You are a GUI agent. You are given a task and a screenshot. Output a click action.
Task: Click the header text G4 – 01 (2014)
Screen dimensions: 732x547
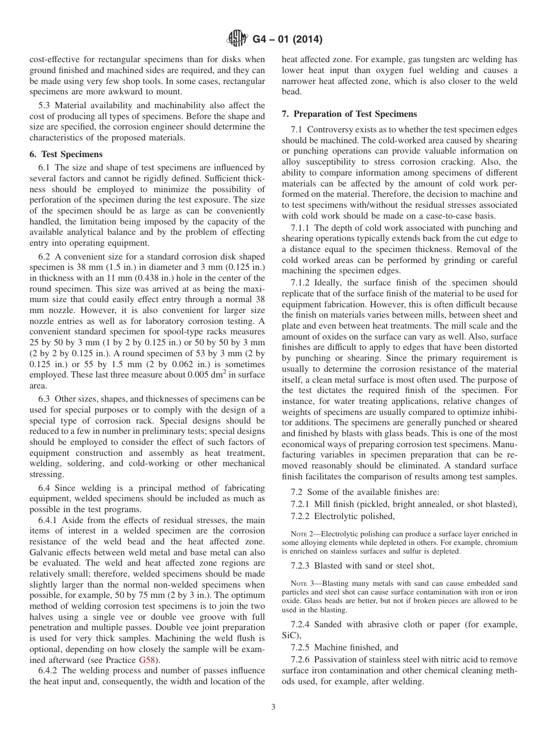click(x=287, y=40)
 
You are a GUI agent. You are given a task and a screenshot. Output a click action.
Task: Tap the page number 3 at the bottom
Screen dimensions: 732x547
click(x=273, y=707)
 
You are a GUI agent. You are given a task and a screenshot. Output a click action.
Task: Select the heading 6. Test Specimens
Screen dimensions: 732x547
click(x=66, y=154)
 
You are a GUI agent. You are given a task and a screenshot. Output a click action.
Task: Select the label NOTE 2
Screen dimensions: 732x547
click(x=302, y=533)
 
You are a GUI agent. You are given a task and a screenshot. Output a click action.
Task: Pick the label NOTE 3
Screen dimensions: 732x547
click(x=302, y=583)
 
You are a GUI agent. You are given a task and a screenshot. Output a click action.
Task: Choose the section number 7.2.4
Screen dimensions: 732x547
click(x=302, y=625)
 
